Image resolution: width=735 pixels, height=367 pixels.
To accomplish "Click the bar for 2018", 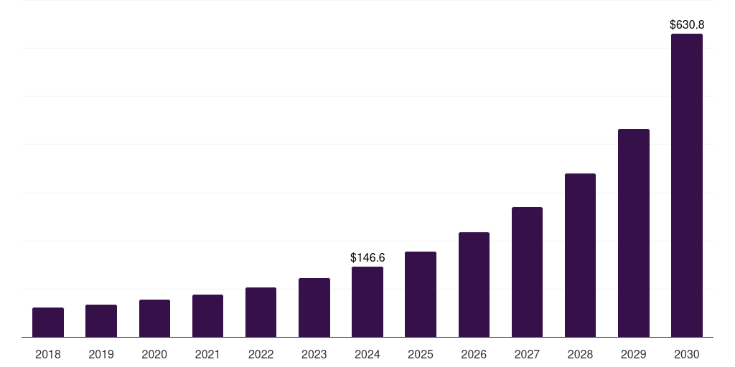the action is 48,322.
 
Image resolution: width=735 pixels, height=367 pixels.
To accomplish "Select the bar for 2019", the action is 101,320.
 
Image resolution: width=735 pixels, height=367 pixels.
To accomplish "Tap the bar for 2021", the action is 207,316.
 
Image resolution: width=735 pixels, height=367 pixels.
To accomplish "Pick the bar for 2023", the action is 314,308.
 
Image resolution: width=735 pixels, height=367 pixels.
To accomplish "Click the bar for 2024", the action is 367,302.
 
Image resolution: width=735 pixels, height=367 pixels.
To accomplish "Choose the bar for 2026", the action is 474,285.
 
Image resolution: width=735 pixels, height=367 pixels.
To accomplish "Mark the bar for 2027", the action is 528,272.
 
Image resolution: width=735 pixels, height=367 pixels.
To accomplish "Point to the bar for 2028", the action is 580,255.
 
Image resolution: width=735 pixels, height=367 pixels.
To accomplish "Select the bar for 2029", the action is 634,233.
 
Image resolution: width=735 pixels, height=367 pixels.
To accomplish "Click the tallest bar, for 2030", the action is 687,186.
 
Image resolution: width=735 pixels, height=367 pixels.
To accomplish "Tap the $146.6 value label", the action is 367,257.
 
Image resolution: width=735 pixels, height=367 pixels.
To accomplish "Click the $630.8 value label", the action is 687,24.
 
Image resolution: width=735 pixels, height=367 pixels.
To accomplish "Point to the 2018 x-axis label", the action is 48,354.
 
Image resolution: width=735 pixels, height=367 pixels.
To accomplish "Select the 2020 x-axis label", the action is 154,354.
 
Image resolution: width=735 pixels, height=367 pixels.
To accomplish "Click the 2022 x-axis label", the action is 261,354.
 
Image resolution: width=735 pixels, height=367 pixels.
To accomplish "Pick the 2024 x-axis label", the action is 367,354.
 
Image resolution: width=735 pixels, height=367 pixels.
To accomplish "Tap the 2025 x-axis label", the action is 421,354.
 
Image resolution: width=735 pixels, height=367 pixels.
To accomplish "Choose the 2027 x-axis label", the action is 528,354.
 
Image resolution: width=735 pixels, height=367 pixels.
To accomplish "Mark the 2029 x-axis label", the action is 634,354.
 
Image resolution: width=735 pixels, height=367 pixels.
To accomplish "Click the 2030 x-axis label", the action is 687,354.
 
